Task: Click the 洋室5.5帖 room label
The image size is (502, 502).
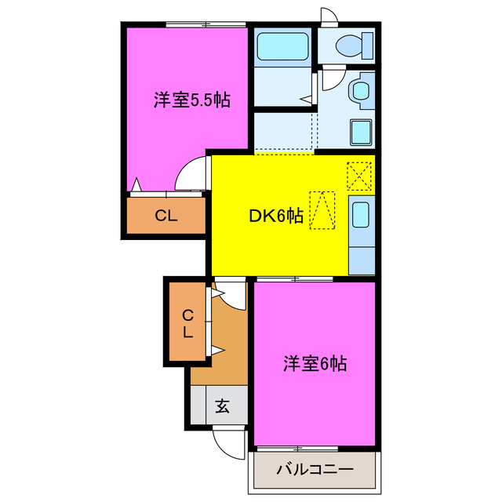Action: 191,100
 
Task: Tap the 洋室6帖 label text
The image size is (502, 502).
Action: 315,364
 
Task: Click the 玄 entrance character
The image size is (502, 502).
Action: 222,407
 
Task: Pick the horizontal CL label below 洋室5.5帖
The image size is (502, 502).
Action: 166,216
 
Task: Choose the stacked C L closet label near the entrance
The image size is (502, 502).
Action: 187,323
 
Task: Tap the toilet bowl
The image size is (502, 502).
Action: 351,46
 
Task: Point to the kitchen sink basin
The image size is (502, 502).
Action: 361,214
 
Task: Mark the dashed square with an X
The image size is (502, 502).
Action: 359,174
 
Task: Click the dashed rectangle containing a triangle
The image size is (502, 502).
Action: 322,210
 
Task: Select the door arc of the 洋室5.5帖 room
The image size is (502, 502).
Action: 189,176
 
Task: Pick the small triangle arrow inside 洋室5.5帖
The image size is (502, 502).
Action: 137,185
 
